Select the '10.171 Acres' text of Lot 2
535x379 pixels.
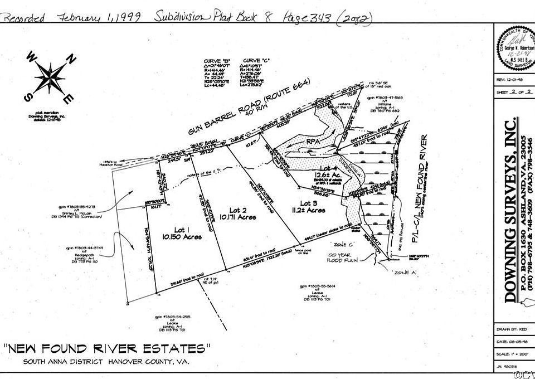237,217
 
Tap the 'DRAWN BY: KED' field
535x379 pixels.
510,330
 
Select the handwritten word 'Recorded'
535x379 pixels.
25,18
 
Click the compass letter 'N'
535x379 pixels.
70,57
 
